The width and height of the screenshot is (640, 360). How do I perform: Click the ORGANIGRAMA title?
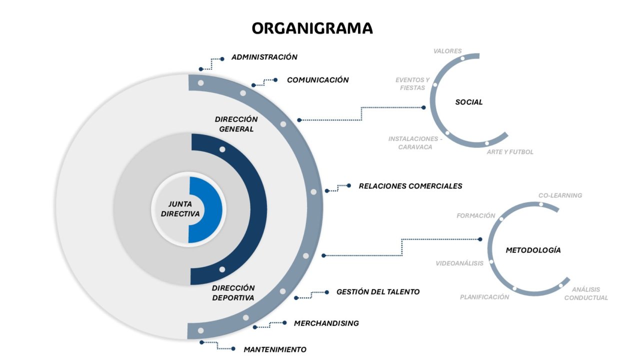click(312, 28)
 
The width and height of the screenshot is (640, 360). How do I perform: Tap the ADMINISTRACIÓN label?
click(264, 57)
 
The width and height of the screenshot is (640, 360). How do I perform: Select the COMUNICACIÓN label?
click(317, 80)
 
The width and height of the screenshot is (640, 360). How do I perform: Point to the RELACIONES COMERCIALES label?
click(410, 186)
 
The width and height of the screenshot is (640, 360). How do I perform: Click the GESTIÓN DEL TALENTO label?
click(377, 292)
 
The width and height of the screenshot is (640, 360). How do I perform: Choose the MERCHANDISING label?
click(326, 323)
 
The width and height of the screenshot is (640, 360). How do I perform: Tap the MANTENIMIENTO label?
click(274, 349)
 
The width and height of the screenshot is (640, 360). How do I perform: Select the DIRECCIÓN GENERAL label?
click(236, 124)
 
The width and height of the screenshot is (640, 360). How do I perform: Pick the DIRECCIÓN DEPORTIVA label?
click(233, 292)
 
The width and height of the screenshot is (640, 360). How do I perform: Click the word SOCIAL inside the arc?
click(468, 102)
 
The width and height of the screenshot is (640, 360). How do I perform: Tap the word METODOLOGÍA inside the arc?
click(533, 250)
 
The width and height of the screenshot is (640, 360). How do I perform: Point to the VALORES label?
click(447, 51)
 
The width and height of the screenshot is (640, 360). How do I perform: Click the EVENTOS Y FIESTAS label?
click(412, 84)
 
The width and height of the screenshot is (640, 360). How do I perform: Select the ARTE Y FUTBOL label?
click(510, 152)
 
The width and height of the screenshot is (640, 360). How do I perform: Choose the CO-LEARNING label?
click(560, 195)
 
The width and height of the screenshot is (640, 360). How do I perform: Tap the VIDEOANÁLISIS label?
click(459, 263)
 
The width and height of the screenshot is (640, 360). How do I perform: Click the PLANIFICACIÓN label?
click(484, 297)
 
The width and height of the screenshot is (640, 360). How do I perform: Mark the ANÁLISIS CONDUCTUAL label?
click(586, 293)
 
